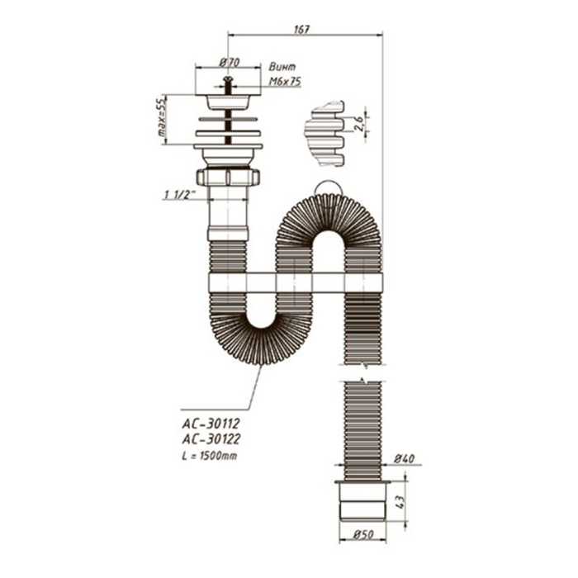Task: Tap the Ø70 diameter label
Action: tap(230, 63)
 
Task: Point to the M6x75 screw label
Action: tap(285, 82)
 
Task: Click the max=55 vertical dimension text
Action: tap(163, 119)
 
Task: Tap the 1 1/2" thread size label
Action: tap(177, 195)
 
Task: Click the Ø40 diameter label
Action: tap(403, 459)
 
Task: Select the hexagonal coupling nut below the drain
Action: tap(228, 177)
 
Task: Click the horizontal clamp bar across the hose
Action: tap(295, 282)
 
